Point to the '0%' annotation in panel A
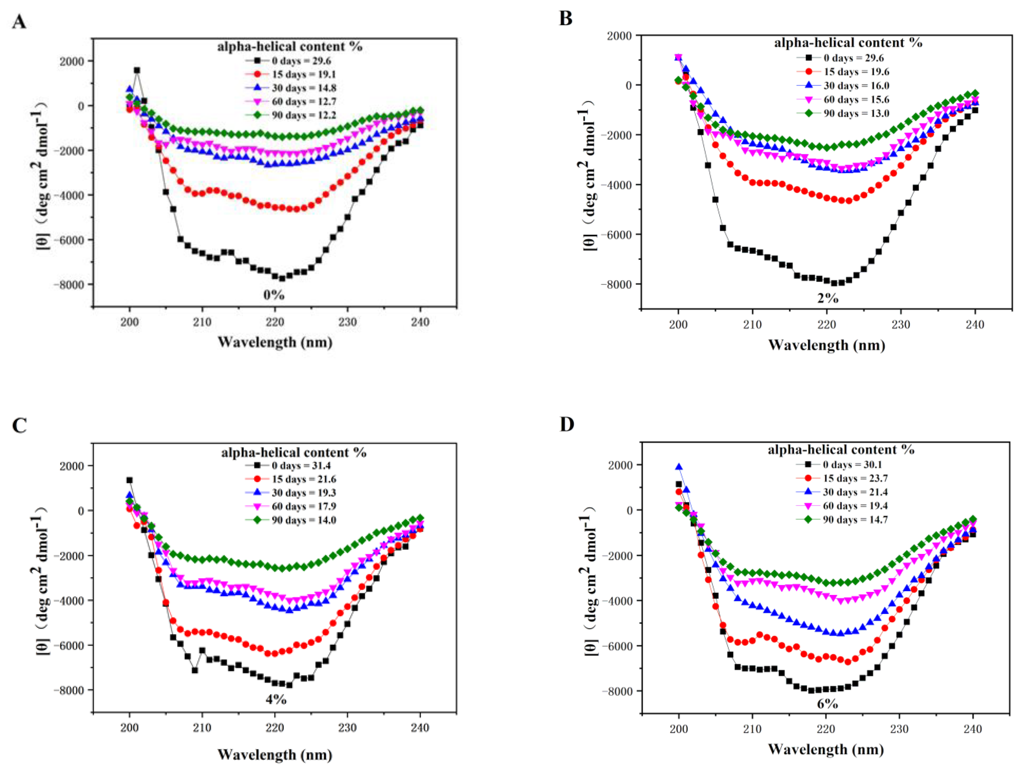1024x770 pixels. (x=274, y=295)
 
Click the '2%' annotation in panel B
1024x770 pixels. (x=827, y=298)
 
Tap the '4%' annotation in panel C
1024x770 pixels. (x=276, y=699)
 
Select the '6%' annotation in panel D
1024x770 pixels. (x=827, y=704)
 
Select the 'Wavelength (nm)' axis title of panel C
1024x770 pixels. (x=275, y=755)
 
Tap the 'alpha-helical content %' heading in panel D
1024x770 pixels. (x=841, y=449)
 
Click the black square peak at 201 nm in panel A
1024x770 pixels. (x=137, y=70)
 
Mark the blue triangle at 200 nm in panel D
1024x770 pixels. (x=679, y=467)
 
